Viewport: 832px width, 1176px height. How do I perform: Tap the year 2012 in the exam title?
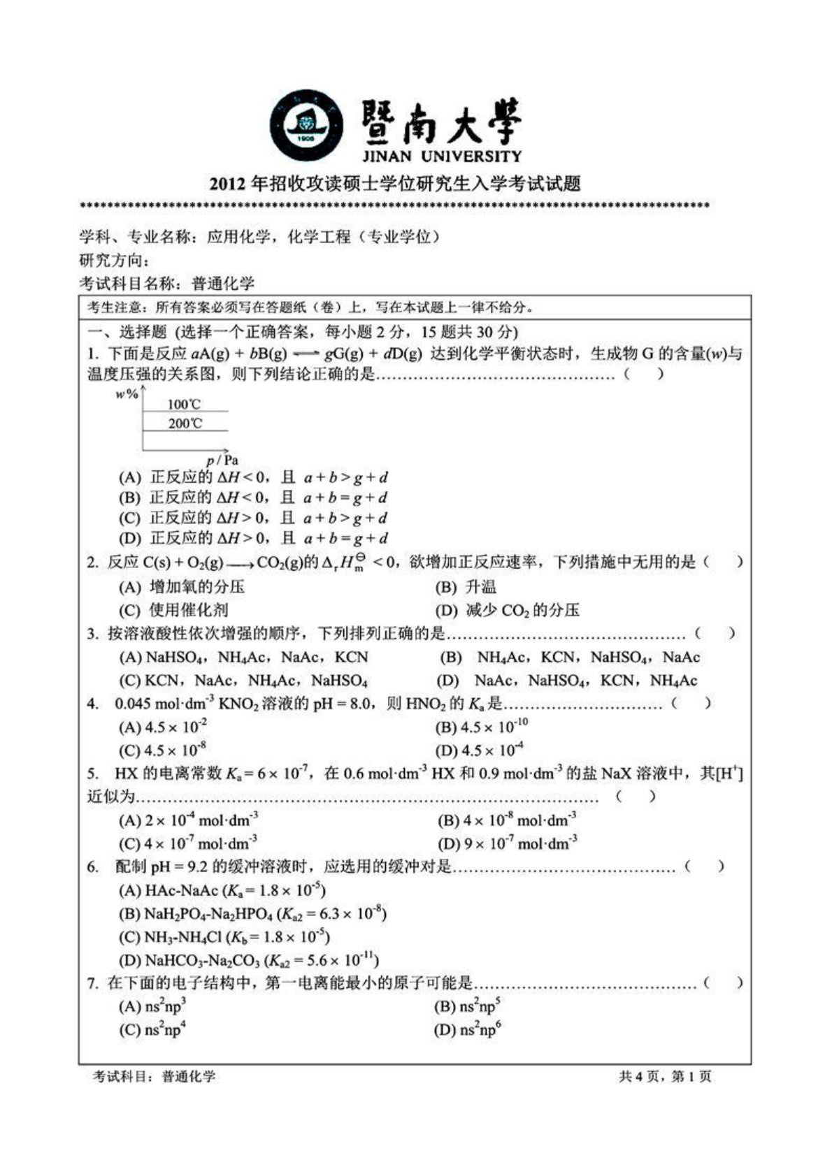click(228, 184)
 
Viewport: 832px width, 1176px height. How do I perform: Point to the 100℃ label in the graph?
click(185, 404)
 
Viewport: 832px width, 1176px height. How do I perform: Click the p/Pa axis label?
click(222, 460)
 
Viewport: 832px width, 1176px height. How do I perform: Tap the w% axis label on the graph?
click(127, 395)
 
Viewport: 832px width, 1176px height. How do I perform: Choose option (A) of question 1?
click(253, 478)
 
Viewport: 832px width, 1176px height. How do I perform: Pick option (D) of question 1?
click(253, 538)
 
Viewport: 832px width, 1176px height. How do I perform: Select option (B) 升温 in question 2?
click(466, 587)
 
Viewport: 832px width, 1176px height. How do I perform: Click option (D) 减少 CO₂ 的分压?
click(508, 610)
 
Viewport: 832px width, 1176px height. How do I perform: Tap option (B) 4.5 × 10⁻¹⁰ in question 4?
click(482, 727)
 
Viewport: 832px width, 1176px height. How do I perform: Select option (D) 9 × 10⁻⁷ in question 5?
click(508, 843)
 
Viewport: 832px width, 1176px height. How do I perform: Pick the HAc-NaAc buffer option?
click(222, 890)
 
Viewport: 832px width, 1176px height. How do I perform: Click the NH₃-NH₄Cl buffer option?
click(224, 936)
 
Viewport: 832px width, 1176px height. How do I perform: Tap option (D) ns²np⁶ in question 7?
click(468, 1029)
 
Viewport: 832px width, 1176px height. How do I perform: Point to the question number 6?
click(93, 867)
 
